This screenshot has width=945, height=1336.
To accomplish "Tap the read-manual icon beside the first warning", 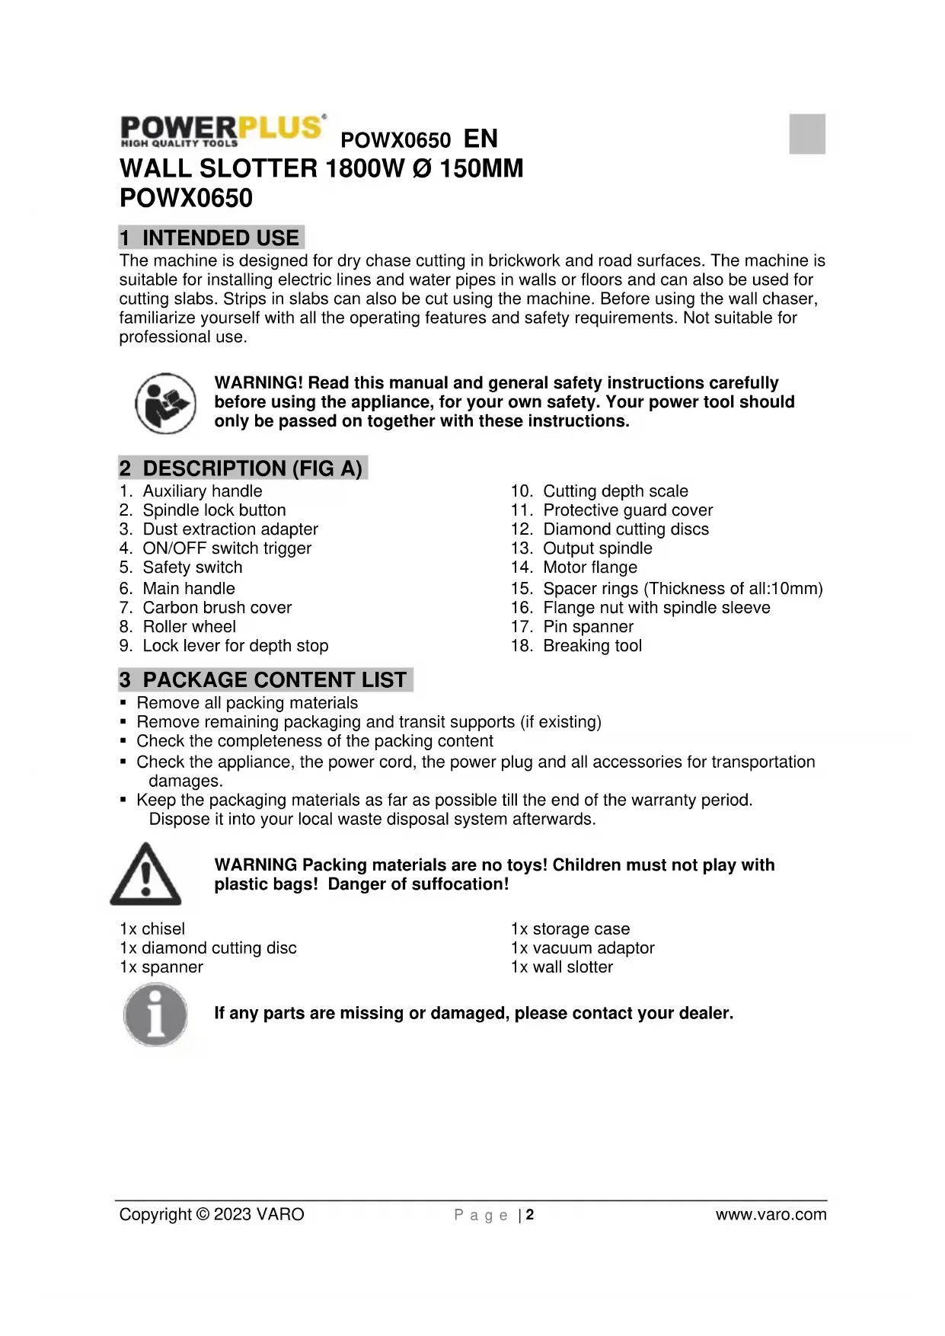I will click(165, 403).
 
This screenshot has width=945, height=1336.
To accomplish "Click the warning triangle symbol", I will click(146, 874).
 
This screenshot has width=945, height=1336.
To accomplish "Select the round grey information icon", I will click(155, 1015).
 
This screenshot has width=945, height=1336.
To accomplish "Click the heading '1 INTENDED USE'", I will click(211, 238).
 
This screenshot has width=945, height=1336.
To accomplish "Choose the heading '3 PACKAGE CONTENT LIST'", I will click(265, 679).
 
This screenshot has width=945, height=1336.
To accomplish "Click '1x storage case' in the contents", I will click(570, 929).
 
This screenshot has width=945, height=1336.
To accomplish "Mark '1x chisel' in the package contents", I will click(152, 929).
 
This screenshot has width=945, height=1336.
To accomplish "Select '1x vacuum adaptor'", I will click(583, 948).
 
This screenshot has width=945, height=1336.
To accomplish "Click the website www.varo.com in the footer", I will click(771, 1215).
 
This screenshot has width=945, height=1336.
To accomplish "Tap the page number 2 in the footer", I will click(530, 1215).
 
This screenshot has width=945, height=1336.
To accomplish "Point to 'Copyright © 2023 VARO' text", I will click(212, 1215).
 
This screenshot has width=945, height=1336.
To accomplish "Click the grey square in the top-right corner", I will click(807, 134).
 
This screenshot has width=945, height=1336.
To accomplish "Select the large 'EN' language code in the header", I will click(480, 139).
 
